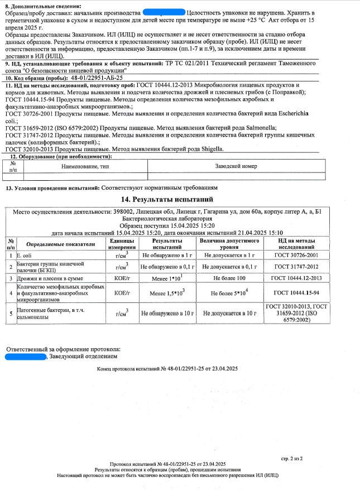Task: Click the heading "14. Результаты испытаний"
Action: (x=167, y=199)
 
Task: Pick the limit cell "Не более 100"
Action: (x=229, y=278)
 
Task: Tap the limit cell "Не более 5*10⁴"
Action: (x=229, y=292)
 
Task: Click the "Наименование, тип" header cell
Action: (x=82, y=166)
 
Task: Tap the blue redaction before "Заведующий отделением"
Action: (x=26, y=355)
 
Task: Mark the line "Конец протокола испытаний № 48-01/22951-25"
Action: (x=167, y=369)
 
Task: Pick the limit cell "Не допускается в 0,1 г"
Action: (x=229, y=267)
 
